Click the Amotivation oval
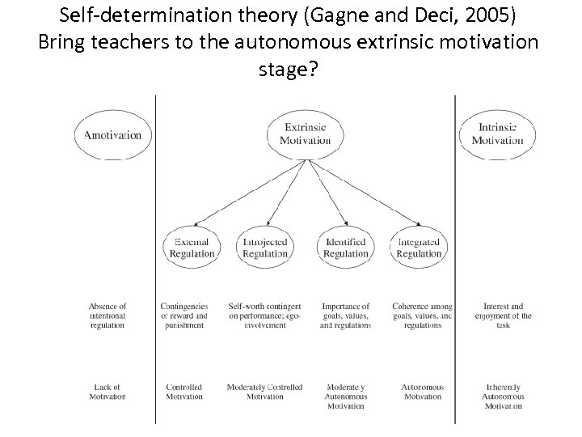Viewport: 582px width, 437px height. point(112,135)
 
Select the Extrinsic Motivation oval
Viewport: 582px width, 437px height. point(307,134)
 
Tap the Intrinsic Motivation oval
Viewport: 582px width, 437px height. point(497,134)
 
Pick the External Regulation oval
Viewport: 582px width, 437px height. point(192,248)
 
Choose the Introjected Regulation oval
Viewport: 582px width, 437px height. point(265,248)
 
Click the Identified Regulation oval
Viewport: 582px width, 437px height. point(345,248)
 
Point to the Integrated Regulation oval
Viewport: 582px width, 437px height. point(419,248)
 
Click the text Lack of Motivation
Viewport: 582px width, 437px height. point(107,392)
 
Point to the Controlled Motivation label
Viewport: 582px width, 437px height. point(183,392)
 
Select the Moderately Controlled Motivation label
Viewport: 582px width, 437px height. point(265,392)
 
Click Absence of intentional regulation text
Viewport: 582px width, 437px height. point(107,316)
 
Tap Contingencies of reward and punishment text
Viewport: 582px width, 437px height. point(183,316)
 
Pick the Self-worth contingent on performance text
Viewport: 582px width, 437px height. point(265,316)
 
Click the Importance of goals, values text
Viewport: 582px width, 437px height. point(345,316)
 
